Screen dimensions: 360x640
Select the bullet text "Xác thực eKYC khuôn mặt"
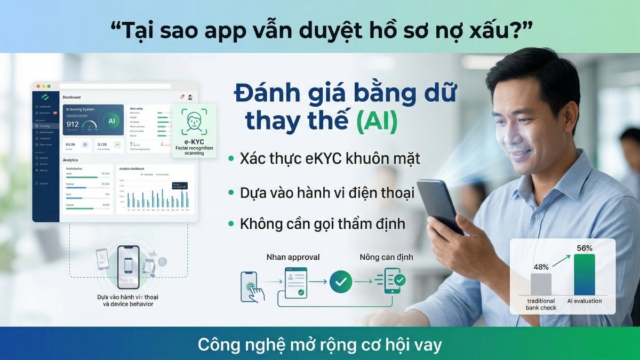[330, 158]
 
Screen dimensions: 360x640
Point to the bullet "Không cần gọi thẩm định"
[322, 223]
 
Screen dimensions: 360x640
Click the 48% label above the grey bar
[541, 267]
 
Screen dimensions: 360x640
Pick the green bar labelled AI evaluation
[584, 275]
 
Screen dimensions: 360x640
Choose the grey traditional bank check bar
[541, 284]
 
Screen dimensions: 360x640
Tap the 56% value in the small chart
[585, 248]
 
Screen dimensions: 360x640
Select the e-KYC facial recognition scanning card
[195, 131]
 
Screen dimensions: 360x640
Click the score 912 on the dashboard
[73, 124]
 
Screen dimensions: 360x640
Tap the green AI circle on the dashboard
[111, 121]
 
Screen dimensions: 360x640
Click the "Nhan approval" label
[293, 257]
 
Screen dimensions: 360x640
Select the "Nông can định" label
[386, 257]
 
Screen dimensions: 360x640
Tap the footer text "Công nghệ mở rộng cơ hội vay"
[320, 345]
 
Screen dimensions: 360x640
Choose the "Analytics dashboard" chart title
[133, 169]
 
